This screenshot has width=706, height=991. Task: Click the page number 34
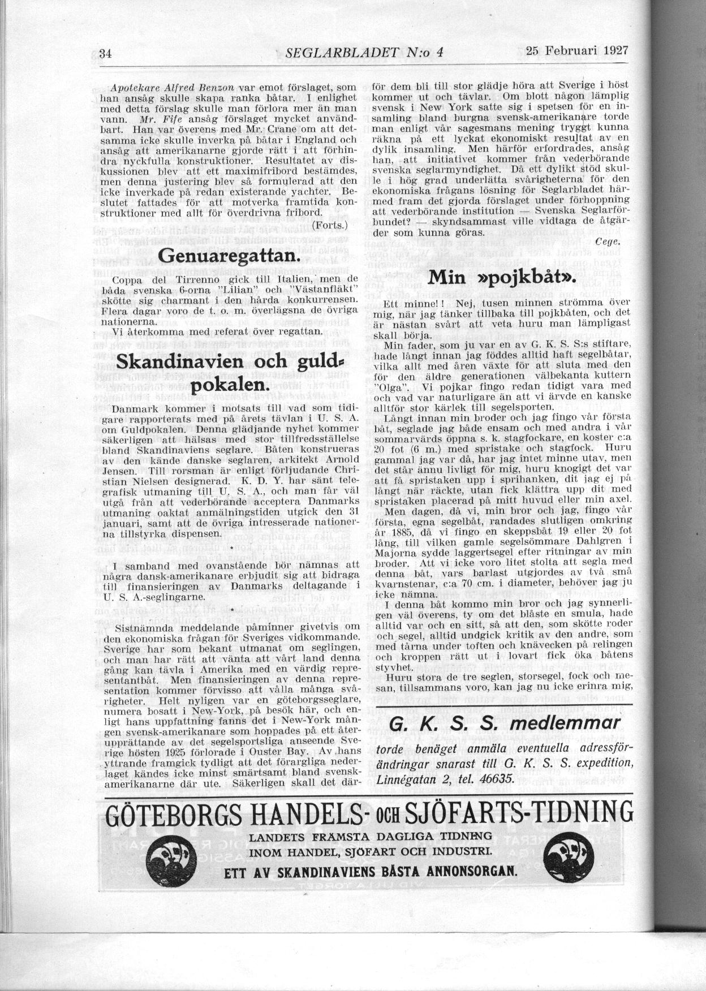coord(106,54)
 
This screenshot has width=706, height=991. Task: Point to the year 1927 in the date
coord(615,50)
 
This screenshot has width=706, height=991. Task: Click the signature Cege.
coord(612,241)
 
